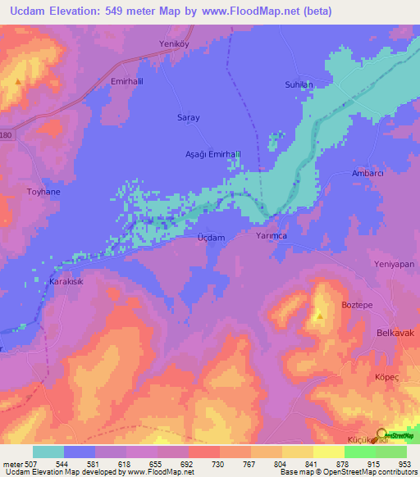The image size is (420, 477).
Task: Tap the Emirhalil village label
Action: click(127, 83)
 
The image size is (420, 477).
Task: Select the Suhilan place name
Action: click(321, 84)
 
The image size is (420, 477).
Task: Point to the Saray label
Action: click(189, 118)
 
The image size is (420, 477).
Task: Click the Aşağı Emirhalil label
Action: click(212, 154)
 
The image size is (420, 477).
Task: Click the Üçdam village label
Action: click(210, 237)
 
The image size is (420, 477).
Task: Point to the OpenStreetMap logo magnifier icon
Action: click(381, 435)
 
